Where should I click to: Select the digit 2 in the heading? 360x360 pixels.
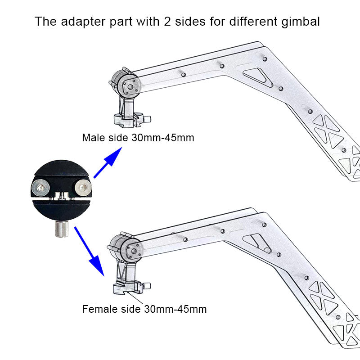point(167,21)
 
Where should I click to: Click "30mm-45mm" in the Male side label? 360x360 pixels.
point(163,138)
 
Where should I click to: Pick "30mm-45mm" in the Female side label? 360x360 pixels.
point(175,309)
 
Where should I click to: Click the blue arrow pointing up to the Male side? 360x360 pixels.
point(108,162)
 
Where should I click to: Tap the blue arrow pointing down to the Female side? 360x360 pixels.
point(89,251)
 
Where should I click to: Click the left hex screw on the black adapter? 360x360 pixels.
point(40,188)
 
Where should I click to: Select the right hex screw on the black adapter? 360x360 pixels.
point(83,188)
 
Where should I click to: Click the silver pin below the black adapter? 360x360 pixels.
point(62,229)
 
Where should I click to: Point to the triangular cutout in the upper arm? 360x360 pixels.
point(257,76)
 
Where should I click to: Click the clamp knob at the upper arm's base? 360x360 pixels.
point(147,119)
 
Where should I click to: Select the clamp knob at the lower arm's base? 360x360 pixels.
point(147,286)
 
